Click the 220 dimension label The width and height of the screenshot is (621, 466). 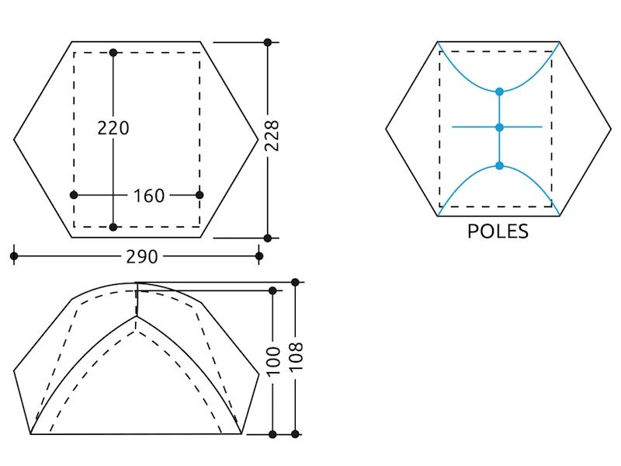tap(113, 128)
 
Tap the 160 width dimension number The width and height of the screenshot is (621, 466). tap(148, 196)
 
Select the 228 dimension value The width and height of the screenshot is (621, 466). tap(272, 135)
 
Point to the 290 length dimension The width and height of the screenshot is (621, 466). tap(142, 257)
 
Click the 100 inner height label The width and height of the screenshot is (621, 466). tap(273, 360)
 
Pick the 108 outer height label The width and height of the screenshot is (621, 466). tap(296, 356)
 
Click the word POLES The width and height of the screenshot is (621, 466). tap(498, 231)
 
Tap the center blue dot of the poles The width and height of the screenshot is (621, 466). tap(499, 127)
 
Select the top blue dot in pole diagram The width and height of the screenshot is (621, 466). tap(499, 92)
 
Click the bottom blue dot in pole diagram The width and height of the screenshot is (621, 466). tap(499, 165)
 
